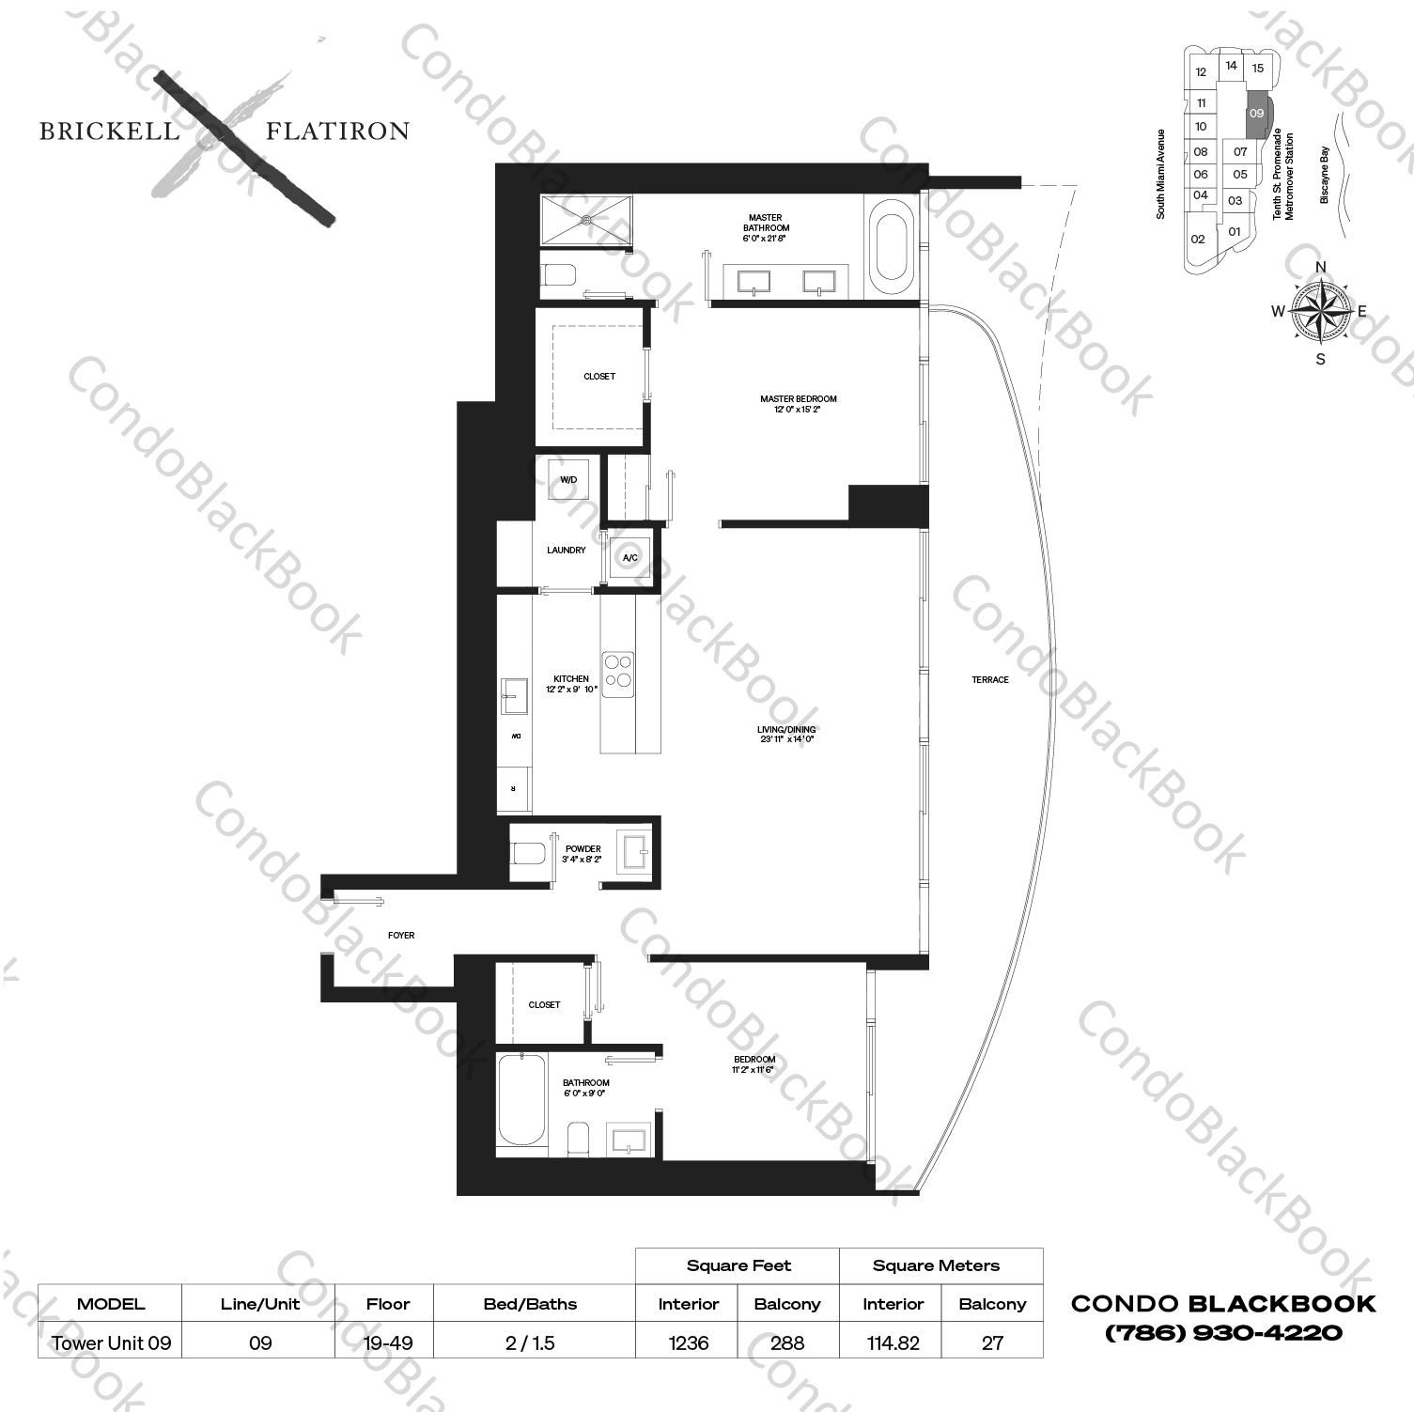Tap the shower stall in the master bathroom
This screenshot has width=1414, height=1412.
(x=586, y=222)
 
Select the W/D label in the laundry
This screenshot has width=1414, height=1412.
(x=568, y=480)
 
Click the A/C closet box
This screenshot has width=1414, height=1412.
(x=629, y=558)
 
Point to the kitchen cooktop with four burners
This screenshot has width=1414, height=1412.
(x=617, y=674)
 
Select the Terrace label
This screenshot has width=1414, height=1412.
(x=990, y=679)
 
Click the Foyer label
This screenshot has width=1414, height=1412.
(x=401, y=935)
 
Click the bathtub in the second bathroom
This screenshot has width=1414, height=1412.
(x=521, y=1099)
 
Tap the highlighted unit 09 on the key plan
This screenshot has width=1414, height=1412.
(x=1256, y=114)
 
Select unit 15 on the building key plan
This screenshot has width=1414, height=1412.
(x=1257, y=68)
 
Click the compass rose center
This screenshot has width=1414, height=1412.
(x=1320, y=311)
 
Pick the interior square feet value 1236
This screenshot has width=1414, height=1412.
(x=688, y=1342)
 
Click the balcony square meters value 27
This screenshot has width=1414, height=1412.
(x=992, y=1342)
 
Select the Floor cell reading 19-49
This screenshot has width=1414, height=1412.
(x=388, y=1342)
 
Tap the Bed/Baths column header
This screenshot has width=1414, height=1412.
(x=530, y=1304)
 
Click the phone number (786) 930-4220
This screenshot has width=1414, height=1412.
(x=1223, y=1332)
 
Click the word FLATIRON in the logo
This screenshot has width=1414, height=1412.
(x=337, y=132)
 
